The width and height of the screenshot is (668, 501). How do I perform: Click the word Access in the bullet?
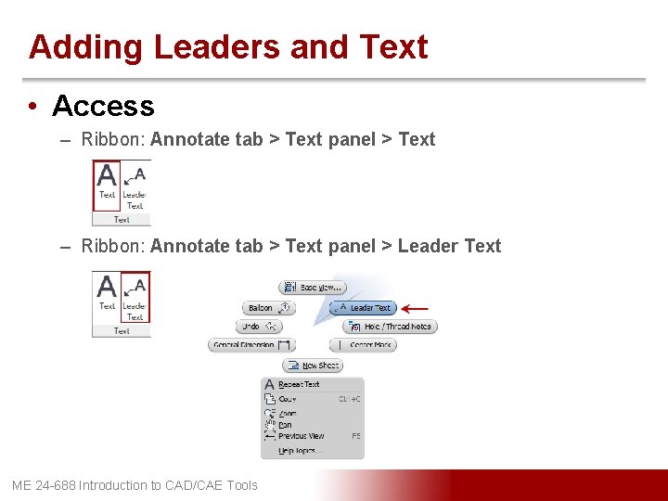pyautogui.click(x=103, y=106)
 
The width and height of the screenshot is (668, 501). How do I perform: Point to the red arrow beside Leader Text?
pyautogui.click(x=414, y=307)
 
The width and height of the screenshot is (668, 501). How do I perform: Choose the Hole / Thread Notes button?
pyautogui.click(x=390, y=327)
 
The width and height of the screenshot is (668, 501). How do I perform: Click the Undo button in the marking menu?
pyautogui.click(x=258, y=327)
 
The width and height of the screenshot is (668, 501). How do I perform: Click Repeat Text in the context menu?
pyautogui.click(x=298, y=384)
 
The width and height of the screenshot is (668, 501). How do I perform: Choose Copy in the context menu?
pyautogui.click(x=288, y=399)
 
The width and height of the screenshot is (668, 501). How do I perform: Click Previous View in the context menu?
pyautogui.click(x=301, y=436)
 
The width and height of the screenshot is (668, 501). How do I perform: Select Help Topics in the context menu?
pyautogui.click(x=297, y=451)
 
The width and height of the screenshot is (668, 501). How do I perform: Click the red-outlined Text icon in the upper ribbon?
pyautogui.click(x=107, y=181)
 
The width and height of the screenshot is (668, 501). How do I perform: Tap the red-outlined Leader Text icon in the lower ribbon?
pyautogui.click(x=135, y=297)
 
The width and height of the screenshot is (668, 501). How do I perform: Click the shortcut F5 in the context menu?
pyautogui.click(x=355, y=436)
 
